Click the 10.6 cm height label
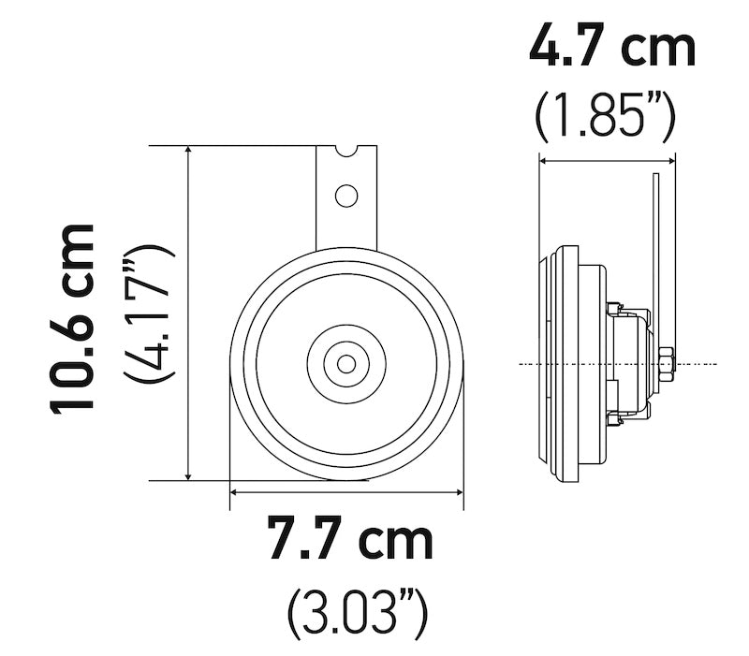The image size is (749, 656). (x=73, y=317)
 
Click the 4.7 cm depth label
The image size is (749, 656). (x=612, y=48)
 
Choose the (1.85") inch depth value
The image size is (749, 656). (x=605, y=116)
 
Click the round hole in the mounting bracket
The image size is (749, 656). (x=346, y=196)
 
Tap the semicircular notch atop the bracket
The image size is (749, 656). (x=346, y=150)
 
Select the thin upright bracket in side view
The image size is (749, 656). (x=656, y=253)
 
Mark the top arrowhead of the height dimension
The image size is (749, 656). (x=190, y=152)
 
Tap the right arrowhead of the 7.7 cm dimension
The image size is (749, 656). (x=458, y=489)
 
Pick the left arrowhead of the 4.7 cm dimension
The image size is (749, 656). (x=544, y=160)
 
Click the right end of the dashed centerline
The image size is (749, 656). (x=715, y=363)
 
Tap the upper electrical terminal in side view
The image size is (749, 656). (x=614, y=307)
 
